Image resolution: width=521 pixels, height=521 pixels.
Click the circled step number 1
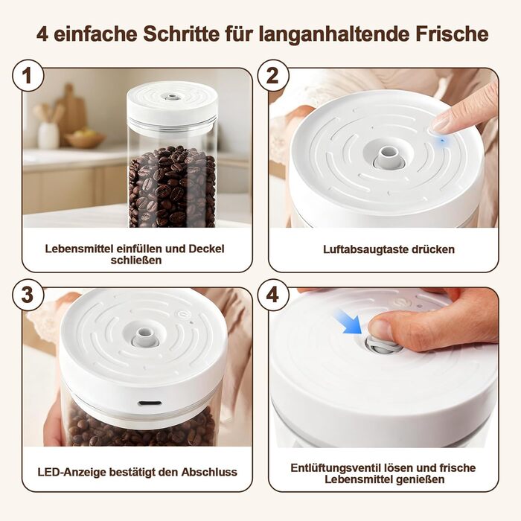pos(28,76)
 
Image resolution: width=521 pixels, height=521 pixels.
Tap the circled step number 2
pos(273,76)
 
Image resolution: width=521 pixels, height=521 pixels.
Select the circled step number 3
pos(28,295)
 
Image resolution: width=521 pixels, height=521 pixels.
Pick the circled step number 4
pos(273,295)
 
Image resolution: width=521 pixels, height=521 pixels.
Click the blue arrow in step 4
pos(348,322)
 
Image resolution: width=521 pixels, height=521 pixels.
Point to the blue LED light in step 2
pos(442,141)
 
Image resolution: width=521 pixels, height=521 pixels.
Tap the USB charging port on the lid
pos(150,403)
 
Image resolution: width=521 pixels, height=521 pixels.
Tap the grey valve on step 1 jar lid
pos(172,98)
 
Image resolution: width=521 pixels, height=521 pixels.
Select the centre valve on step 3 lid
pos(144,336)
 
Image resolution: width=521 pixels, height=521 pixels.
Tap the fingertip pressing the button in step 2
pos(442,124)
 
